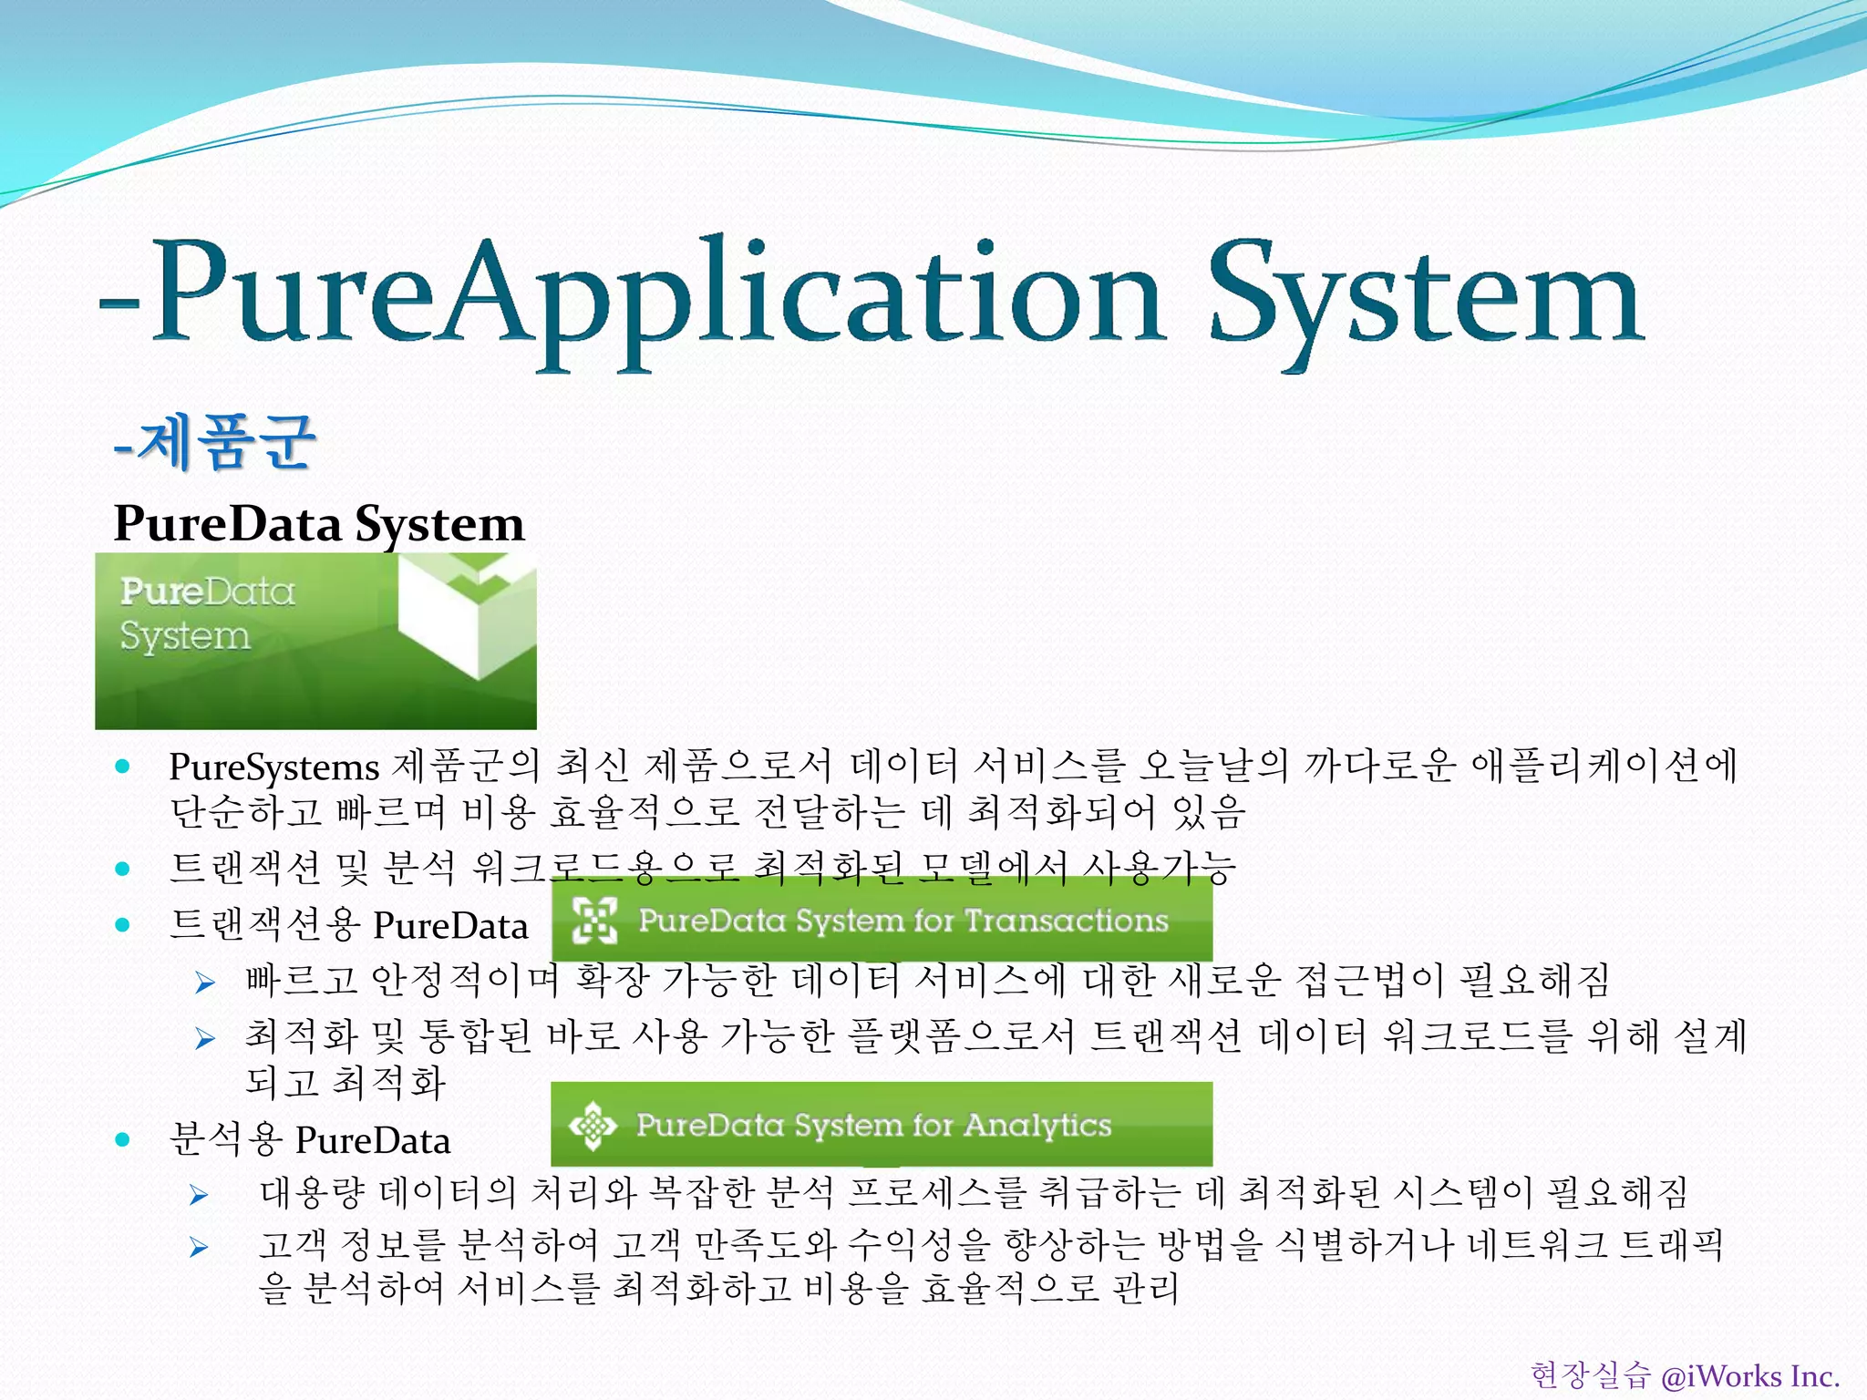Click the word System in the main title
1427,296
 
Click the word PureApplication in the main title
656,296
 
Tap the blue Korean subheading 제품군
228,442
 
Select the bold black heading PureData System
319,524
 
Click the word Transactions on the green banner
1067,921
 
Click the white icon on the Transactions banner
594,920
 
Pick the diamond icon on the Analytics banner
593,1125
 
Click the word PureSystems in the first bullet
273,767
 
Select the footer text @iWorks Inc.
1750,1375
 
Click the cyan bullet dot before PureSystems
123,767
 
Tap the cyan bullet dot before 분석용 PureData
123,1139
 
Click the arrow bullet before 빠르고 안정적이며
205,983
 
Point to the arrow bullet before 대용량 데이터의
199,1195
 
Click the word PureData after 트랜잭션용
451,926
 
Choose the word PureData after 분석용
373,1140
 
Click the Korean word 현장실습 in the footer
1590,1375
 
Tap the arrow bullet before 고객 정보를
199,1247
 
